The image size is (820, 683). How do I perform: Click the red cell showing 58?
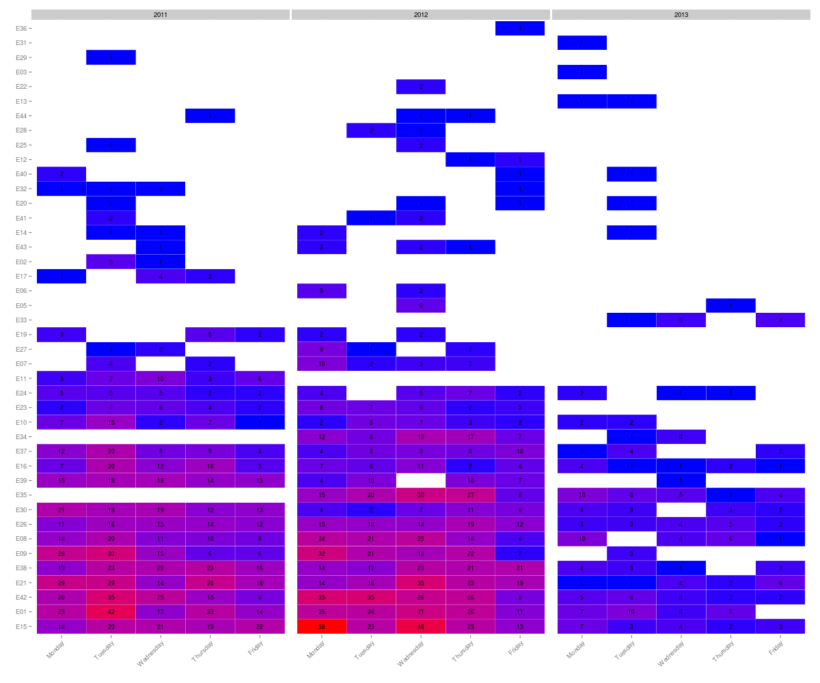click(x=322, y=626)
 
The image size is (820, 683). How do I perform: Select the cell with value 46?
click(x=421, y=626)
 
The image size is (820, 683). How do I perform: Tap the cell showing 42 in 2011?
click(x=111, y=612)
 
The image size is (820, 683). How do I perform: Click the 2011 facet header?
click(x=161, y=14)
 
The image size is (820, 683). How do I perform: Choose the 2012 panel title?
click(x=421, y=14)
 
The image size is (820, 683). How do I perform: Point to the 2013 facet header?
click(x=681, y=14)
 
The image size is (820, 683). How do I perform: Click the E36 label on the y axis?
click(x=21, y=28)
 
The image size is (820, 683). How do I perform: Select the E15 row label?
click(x=21, y=626)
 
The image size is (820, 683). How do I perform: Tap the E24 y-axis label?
click(x=21, y=393)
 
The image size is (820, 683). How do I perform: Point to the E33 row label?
click(x=21, y=320)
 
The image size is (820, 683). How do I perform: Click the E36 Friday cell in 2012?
click(x=520, y=28)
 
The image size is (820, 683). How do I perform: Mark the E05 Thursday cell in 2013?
click(x=730, y=305)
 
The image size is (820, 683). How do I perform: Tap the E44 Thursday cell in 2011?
click(x=210, y=115)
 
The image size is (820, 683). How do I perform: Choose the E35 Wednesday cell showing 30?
click(x=421, y=495)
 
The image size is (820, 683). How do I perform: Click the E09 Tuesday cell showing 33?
click(x=111, y=553)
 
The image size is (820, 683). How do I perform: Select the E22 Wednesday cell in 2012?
click(x=421, y=87)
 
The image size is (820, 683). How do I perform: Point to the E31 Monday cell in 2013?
click(x=582, y=43)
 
